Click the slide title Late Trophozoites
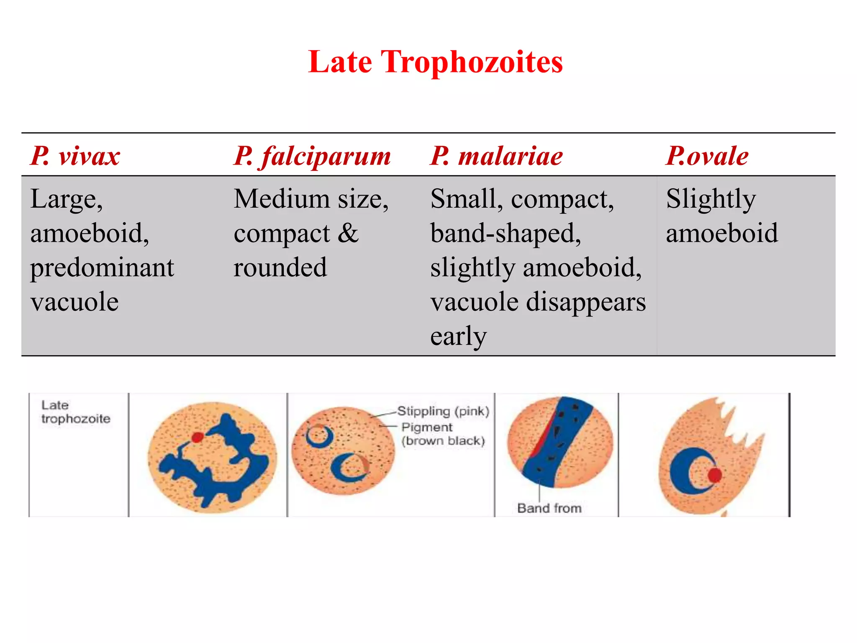pos(435,62)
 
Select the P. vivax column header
pos(75,156)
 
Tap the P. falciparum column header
pos(312,156)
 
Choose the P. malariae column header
pos(496,156)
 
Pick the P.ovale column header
pos(707,156)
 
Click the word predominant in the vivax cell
pos(102,268)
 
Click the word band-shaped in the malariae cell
pos(505,234)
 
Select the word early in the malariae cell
pos(458,336)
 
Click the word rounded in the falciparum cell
pos(280,267)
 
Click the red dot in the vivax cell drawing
pos(197,437)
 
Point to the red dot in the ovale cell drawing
pos(715,475)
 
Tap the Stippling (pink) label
pos(443,411)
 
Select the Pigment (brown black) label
pos(443,434)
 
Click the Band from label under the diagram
pos(549,508)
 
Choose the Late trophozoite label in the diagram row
pos(75,412)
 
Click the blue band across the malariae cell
pos(557,444)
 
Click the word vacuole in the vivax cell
pos(74,302)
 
